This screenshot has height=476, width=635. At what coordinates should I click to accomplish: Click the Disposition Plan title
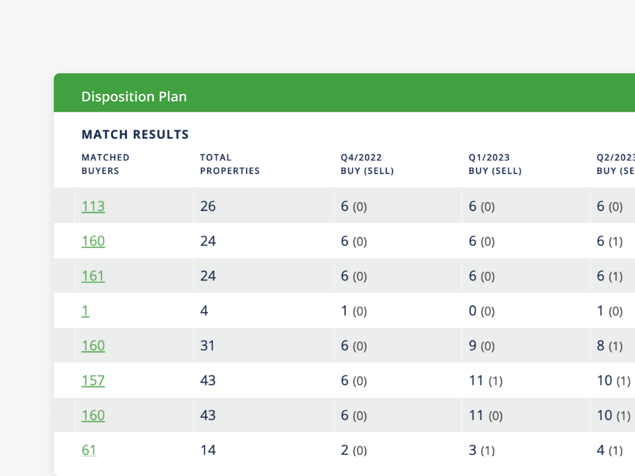click(x=134, y=97)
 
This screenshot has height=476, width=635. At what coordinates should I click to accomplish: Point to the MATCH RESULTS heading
click(x=135, y=134)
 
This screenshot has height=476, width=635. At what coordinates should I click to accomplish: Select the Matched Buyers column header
click(x=105, y=164)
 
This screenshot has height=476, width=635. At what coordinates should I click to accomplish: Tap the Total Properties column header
click(x=229, y=164)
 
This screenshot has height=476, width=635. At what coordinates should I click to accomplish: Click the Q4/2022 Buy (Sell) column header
click(x=367, y=164)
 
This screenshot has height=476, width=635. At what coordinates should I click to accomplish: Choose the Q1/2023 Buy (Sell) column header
click(x=495, y=164)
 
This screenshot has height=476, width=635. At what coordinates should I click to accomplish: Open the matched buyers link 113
click(x=93, y=206)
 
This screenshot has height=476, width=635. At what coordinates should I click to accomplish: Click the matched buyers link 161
click(x=93, y=276)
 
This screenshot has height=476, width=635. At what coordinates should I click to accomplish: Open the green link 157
click(x=93, y=380)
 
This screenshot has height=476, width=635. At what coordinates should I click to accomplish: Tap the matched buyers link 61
click(x=89, y=450)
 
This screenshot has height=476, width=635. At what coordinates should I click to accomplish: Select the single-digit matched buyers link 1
click(x=85, y=311)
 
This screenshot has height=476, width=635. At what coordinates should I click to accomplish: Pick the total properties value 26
click(x=208, y=206)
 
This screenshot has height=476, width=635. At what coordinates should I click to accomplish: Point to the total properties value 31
click(x=207, y=346)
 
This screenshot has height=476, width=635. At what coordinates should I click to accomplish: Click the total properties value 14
click(x=208, y=450)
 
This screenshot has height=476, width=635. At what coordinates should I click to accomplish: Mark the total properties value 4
click(x=204, y=311)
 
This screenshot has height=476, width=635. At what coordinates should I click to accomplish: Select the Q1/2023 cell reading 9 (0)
click(x=482, y=346)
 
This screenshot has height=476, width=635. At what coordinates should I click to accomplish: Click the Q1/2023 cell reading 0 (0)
click(x=482, y=311)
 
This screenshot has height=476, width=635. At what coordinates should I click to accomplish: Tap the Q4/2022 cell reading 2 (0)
click(x=354, y=450)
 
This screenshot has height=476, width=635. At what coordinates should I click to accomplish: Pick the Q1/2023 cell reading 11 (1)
click(x=486, y=380)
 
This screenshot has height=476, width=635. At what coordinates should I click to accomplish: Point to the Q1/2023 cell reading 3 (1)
click(x=482, y=450)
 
